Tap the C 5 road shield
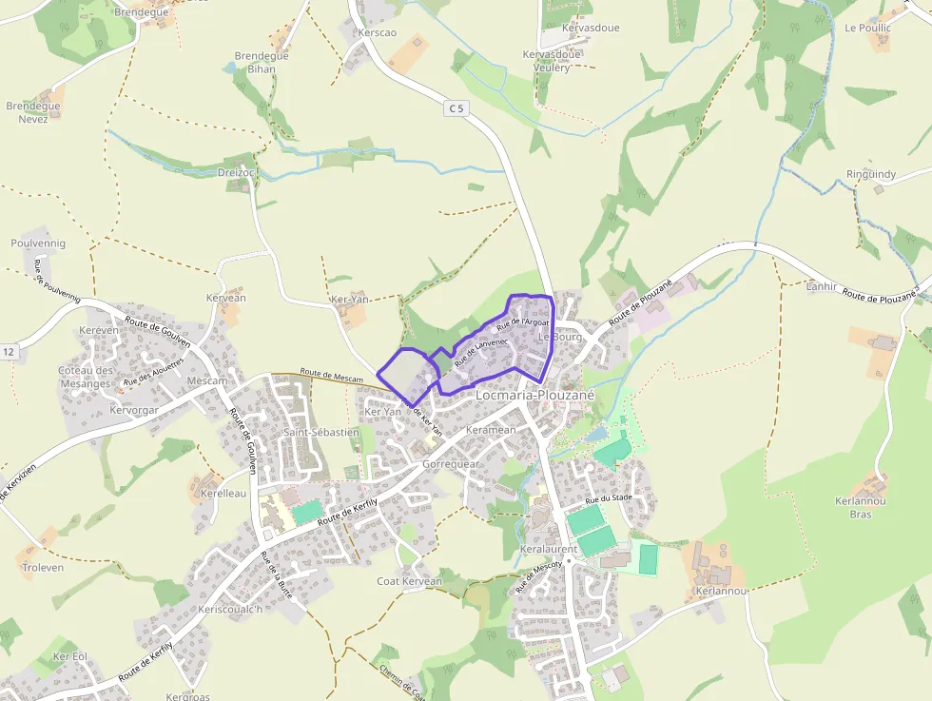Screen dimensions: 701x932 click(x=457, y=108)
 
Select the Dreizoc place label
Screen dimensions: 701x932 click(x=237, y=172)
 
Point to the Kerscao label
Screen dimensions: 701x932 click(x=378, y=33)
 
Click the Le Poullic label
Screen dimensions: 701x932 click(x=867, y=28)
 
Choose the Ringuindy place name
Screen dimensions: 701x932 click(x=870, y=174)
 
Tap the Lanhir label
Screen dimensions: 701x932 click(x=821, y=285)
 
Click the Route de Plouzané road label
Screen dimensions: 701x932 click(x=641, y=302)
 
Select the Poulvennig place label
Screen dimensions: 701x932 click(x=38, y=243)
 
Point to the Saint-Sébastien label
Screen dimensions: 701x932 click(x=321, y=432)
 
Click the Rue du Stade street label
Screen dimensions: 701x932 click(x=609, y=498)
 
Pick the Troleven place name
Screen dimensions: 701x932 click(x=42, y=567)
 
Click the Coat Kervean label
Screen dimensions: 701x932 click(x=409, y=581)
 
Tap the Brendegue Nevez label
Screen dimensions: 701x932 click(x=33, y=112)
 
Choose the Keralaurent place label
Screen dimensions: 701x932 click(x=549, y=550)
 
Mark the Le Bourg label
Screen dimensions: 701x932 click(x=559, y=337)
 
